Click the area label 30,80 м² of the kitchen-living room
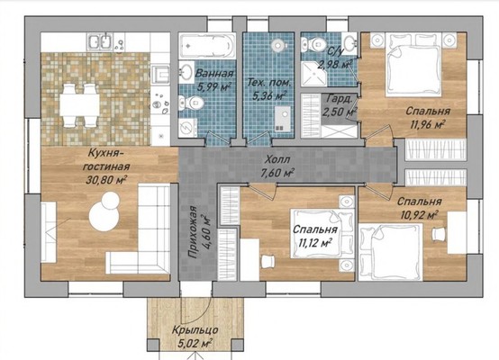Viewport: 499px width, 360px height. (x=106, y=180)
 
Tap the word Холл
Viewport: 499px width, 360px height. (x=277, y=159)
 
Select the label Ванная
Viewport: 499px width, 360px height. (x=213, y=74)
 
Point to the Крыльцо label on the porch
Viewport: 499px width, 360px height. (x=195, y=330)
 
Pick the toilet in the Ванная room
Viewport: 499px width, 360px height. (x=191, y=103)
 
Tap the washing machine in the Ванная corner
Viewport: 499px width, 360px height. (x=187, y=128)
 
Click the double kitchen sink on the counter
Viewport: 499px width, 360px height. (x=100, y=42)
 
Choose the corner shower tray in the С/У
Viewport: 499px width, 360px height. (x=313, y=75)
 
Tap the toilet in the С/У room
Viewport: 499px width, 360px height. (x=314, y=43)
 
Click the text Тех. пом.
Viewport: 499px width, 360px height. (x=269, y=84)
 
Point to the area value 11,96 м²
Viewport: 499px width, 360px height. (x=427, y=124)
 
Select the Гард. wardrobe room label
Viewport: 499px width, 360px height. (x=340, y=98)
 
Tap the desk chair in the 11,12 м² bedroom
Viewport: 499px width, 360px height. (x=268, y=261)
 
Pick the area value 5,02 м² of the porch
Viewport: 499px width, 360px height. (x=195, y=344)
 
